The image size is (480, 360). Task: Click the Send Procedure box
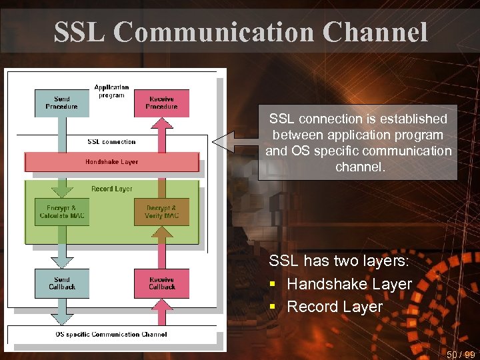[x=61, y=103]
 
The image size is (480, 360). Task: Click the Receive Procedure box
[x=161, y=103]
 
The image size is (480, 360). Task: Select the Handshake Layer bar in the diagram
[x=111, y=162]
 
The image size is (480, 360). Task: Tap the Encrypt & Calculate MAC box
[x=61, y=211]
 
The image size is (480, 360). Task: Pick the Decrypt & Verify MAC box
[x=161, y=211]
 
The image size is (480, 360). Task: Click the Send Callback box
[x=61, y=283]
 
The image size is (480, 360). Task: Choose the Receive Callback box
[x=161, y=283]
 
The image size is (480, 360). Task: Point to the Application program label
[x=111, y=91]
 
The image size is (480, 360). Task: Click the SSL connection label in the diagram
[x=111, y=142]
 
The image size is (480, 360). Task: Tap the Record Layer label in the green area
[x=111, y=189]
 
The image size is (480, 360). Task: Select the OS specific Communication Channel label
[x=111, y=335]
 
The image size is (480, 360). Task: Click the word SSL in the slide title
[x=79, y=31]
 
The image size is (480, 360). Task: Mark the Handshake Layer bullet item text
[x=349, y=284]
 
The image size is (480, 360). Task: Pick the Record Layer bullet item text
[x=335, y=307]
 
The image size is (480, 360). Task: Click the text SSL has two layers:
[x=339, y=261]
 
